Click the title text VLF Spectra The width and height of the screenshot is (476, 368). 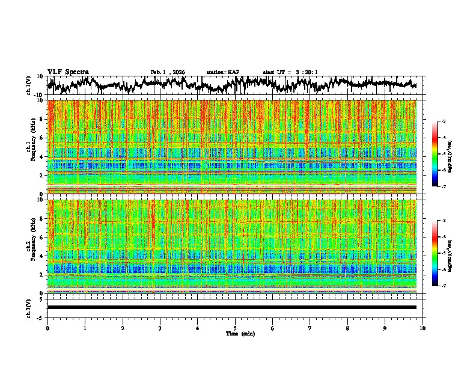[68, 72]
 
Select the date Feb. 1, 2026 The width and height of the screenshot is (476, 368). [168, 72]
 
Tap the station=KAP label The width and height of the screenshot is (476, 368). [222, 72]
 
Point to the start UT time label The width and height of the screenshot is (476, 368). [290, 72]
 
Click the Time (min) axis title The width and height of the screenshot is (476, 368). [235, 333]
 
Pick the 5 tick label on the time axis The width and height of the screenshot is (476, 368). [235, 328]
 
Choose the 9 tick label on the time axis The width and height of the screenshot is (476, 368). [385, 328]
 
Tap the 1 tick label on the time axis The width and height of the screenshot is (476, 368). [85, 328]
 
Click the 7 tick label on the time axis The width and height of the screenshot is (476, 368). [310, 328]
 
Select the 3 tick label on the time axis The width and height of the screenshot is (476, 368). [160, 328]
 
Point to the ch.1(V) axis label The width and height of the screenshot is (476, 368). [29, 85]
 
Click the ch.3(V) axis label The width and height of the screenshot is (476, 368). [29, 307]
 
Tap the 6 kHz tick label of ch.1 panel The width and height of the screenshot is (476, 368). [42, 138]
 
